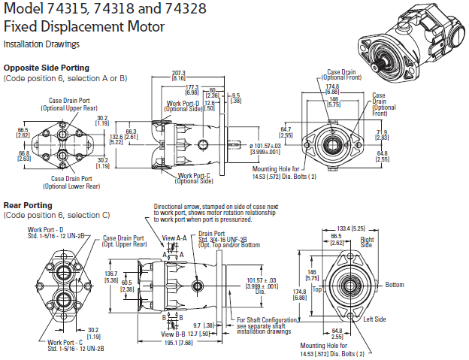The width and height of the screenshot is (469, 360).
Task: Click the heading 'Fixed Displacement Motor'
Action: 84,26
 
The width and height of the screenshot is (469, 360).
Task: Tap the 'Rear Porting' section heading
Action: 28,205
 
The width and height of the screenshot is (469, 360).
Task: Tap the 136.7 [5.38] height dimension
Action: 111,276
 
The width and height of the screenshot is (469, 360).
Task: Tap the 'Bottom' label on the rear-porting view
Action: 395,285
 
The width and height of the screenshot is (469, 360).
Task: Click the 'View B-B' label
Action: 174,333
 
